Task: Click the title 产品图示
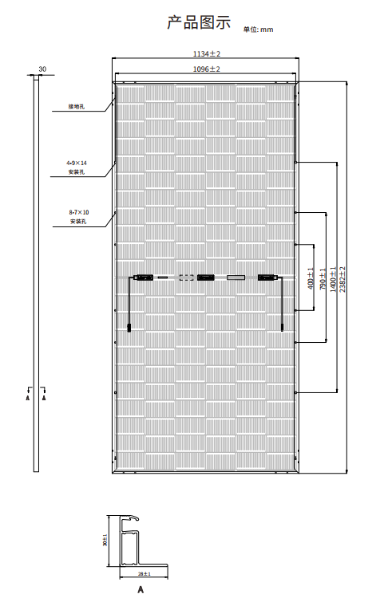coord(199,22)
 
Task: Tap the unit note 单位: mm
coord(259,30)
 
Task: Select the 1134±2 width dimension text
coord(207,53)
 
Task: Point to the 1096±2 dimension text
coord(207,69)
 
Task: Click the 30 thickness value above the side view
coord(42,69)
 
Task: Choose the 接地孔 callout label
coord(77,106)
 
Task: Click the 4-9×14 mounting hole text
coord(77,163)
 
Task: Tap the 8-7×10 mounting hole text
coord(79,212)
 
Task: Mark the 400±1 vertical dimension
coord(311,278)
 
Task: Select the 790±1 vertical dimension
coord(323,279)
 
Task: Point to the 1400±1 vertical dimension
coord(333,279)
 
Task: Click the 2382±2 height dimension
coord(342,279)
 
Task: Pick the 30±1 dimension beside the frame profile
coord(105,540)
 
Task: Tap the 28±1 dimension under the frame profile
coord(145,573)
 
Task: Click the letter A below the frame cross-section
coord(141,589)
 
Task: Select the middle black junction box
coord(205,277)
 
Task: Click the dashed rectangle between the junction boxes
coord(186,277)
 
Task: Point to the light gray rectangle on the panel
coord(236,277)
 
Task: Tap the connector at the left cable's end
coord(129,328)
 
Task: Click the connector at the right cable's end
coord(282,328)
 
